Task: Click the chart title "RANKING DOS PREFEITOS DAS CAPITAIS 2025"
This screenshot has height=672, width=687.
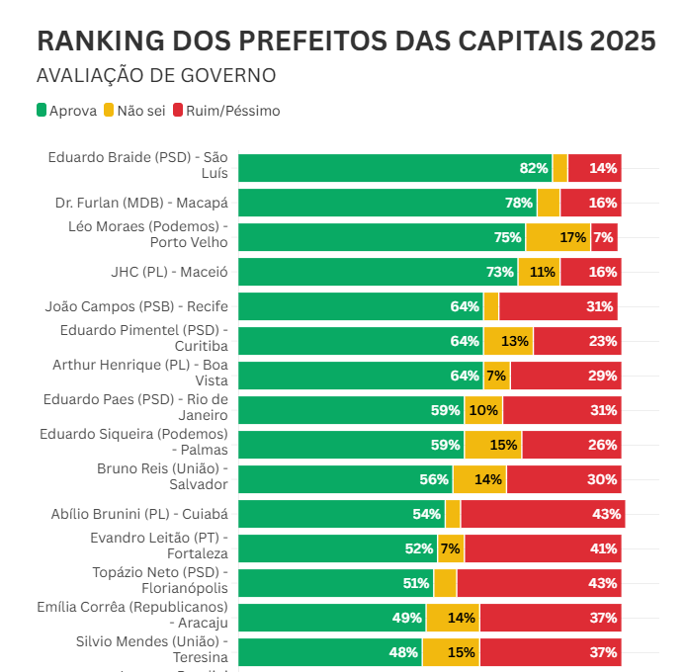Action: pos(345,41)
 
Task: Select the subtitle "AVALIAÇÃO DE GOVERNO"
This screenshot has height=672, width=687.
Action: pos(155,76)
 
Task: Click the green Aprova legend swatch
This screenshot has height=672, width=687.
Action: pos(42,111)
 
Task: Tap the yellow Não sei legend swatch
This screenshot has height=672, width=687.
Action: pos(109,111)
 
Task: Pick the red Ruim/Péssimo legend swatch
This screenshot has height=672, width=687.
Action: pos(178,111)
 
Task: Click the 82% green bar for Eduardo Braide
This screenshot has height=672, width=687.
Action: pos(394,168)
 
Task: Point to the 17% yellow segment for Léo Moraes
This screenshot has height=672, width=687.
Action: pos(558,237)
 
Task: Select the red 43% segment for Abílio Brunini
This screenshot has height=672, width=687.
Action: pos(542,514)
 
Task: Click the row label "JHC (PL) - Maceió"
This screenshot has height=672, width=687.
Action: pos(169,272)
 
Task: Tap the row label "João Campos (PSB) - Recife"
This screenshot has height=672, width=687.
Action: pos(136,306)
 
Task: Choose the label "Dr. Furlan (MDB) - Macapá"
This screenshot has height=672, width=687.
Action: pos(141,203)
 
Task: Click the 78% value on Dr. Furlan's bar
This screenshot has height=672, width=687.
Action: pos(519,203)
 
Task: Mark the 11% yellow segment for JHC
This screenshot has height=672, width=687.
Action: pos(539,272)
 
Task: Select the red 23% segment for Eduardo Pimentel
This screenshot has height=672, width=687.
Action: pos(577,341)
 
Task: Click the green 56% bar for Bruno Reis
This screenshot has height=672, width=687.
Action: pos(345,479)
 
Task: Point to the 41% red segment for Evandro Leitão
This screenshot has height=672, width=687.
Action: pos(543,548)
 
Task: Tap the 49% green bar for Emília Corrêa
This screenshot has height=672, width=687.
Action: pos(332,618)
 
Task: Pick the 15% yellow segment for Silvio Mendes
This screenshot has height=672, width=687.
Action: pos(451,652)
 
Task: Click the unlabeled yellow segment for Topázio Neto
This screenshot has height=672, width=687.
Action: pos(445,583)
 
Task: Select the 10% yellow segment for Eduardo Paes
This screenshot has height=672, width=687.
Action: pos(483,410)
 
